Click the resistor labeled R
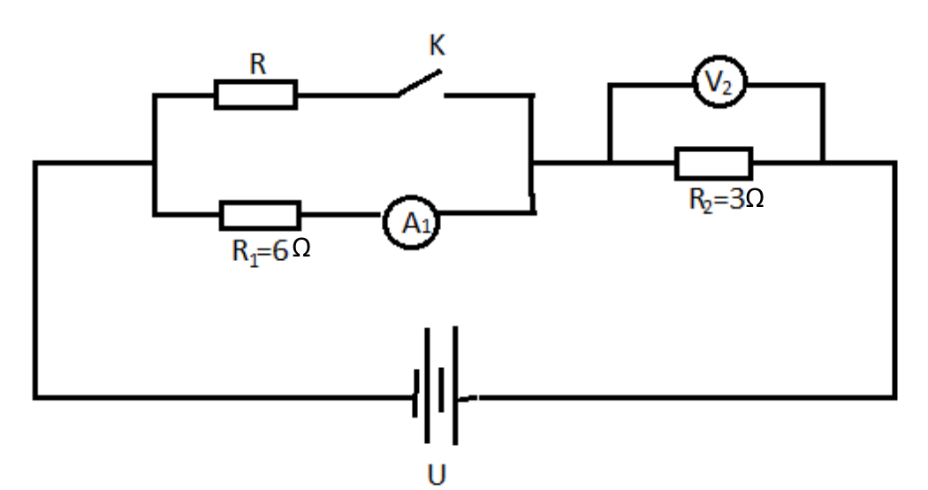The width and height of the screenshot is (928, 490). click(x=255, y=95)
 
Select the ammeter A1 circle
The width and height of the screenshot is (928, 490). click(x=411, y=222)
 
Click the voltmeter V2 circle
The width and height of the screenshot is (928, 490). click(x=719, y=81)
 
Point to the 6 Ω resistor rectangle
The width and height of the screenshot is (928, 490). click(x=261, y=215)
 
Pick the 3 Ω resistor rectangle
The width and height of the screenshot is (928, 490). click(x=714, y=164)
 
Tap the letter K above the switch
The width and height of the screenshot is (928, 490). click(x=437, y=46)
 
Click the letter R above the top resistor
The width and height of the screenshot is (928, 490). click(x=258, y=64)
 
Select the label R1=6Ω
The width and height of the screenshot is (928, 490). click(x=271, y=251)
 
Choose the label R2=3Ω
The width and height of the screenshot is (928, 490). click(x=726, y=200)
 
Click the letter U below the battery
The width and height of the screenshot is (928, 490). click(x=437, y=475)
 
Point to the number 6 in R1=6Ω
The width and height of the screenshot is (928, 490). click(x=280, y=250)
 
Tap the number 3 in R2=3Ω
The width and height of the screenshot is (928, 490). click(x=736, y=199)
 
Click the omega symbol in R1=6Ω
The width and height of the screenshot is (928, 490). click(x=301, y=249)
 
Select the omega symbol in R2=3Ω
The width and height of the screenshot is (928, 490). click(x=755, y=198)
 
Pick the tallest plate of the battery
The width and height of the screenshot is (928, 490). click(x=455, y=385)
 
